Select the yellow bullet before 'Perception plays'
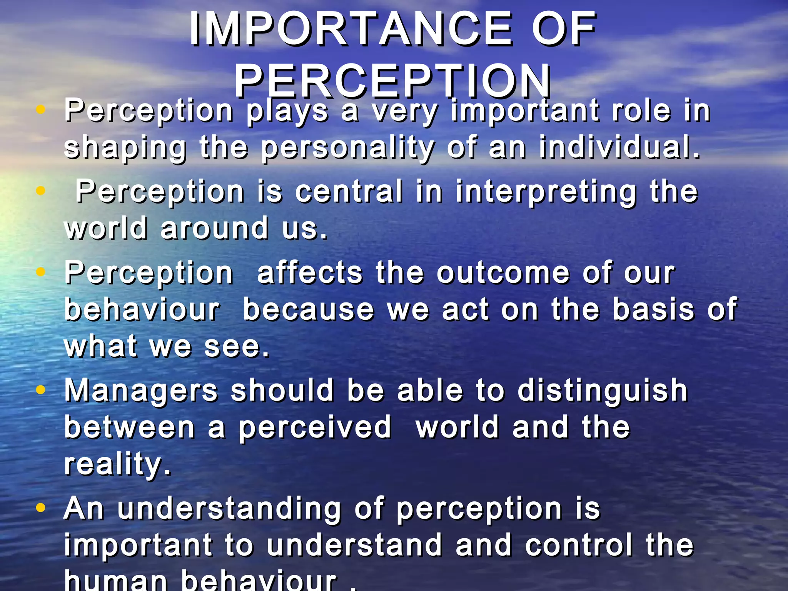[x=40, y=110]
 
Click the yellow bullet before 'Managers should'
[x=40, y=390]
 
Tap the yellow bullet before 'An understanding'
[x=40, y=508]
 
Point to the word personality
[x=347, y=149]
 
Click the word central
[x=349, y=191]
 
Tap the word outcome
[x=503, y=273]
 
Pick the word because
[x=308, y=310]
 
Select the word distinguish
[x=602, y=391]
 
